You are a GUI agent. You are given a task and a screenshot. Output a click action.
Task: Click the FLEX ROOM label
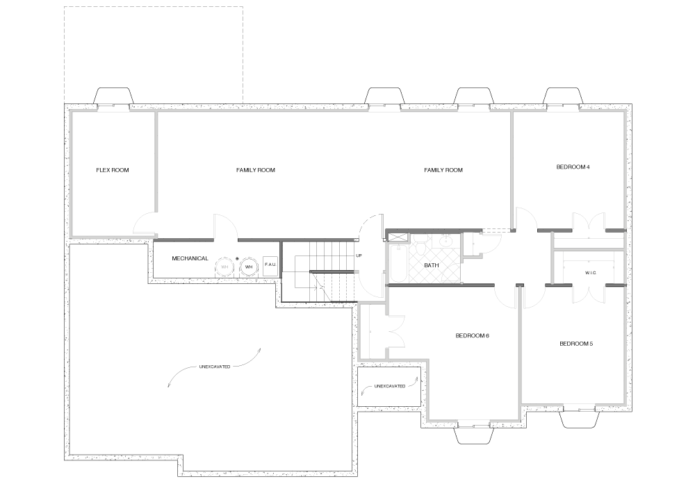pos(113,170)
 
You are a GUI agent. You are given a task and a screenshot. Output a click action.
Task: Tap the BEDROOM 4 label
pos(573,167)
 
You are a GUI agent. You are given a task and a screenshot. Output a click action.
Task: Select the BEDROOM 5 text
pos(575,344)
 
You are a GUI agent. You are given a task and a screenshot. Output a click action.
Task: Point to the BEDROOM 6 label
pos(472,335)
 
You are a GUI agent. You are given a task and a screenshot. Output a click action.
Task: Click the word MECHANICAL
pos(190,258)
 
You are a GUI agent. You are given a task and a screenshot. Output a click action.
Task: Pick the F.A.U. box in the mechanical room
pos(270,265)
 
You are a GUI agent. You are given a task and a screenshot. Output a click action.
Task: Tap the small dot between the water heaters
pos(237,259)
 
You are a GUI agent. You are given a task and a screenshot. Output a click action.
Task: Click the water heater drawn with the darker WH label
pos(249,267)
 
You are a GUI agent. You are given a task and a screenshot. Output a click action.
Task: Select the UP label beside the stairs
pos(359,255)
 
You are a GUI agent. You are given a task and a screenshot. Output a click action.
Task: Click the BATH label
pos(432,265)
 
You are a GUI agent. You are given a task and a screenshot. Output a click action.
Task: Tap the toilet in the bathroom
pos(420,246)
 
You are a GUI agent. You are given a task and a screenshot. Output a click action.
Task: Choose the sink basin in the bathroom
pos(446,241)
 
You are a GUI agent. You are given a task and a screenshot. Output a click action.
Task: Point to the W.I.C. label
pos(590,273)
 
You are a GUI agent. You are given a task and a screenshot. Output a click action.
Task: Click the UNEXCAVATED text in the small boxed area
pos(390,386)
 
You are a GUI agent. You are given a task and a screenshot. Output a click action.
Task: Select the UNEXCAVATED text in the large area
pos(215,367)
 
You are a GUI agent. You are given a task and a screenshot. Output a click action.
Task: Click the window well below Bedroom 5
pos(580,419)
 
